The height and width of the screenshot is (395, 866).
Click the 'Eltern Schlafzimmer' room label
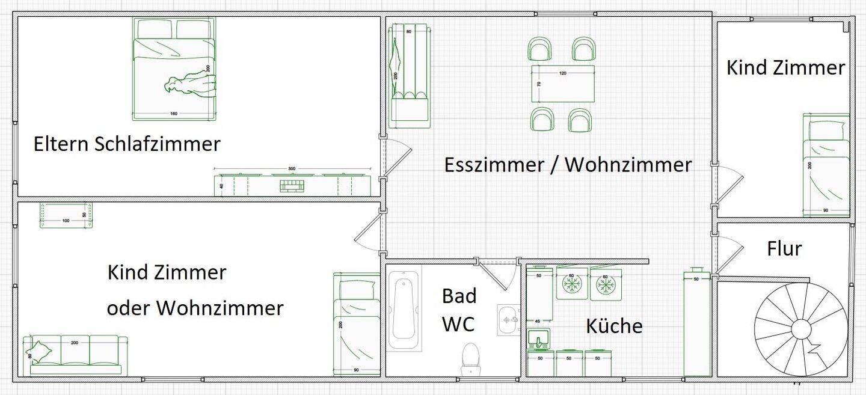pyautogui.click(x=127, y=145)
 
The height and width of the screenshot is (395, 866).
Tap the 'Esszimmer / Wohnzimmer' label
pyautogui.click(x=568, y=165)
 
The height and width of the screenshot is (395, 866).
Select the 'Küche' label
pyautogui.click(x=614, y=326)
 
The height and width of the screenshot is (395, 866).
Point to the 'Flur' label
pyautogui.click(x=784, y=248)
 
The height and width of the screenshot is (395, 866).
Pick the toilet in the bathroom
pyautogui.click(x=470, y=359)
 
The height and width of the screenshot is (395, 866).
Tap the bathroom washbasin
pyautogui.click(x=508, y=319)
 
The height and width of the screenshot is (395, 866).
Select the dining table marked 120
pyautogui.click(x=562, y=84)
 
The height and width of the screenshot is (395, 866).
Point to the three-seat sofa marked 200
pyautogui.click(x=75, y=353)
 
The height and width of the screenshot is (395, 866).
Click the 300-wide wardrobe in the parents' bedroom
pyautogui.click(x=292, y=185)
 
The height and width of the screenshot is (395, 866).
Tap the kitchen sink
pyautogui.click(x=539, y=340)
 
